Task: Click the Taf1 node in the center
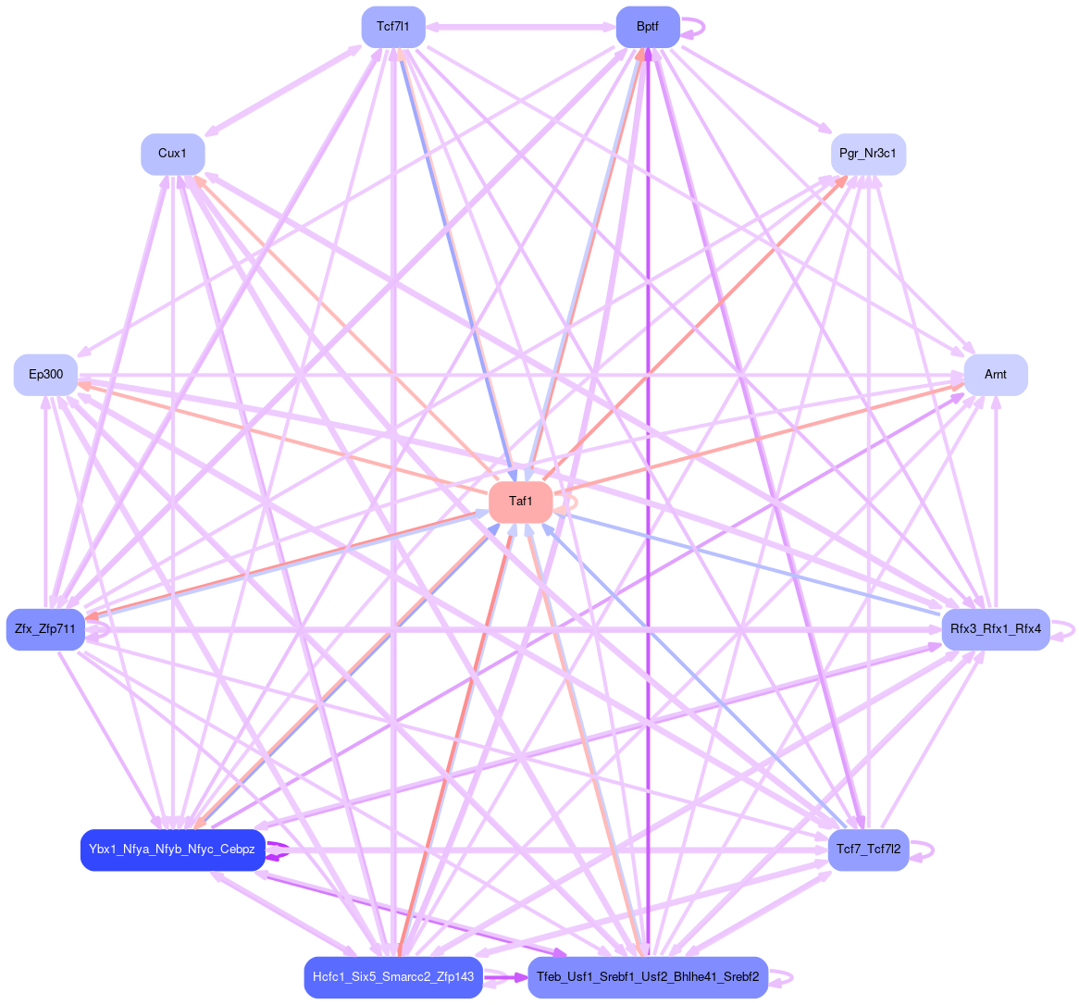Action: pos(520,502)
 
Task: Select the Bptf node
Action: pos(648,27)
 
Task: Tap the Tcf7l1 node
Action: pos(393,27)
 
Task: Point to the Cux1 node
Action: pos(172,154)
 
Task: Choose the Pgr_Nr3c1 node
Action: pos(867,154)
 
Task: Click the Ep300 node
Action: pos(45,374)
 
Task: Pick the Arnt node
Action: pos(995,374)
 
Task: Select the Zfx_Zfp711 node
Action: pos(45,629)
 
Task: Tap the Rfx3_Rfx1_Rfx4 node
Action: pos(995,629)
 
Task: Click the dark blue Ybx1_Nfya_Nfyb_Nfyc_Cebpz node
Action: pos(172,850)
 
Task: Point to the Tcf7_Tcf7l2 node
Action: pos(867,850)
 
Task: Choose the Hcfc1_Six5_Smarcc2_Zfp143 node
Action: pos(393,977)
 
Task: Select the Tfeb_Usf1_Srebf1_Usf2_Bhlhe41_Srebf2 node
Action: pos(648,977)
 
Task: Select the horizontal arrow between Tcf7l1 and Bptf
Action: pos(520,27)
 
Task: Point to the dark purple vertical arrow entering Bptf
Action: pos(648,463)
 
